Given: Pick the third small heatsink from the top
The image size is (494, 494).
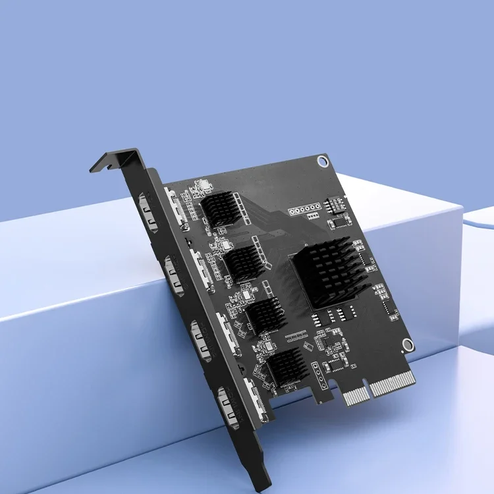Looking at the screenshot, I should coord(265,314).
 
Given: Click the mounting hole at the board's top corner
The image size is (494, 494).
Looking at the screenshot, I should coord(321,160).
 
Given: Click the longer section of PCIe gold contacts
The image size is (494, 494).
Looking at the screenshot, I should coord(393,383).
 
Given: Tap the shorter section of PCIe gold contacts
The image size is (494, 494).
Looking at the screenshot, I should coord(356,395).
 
